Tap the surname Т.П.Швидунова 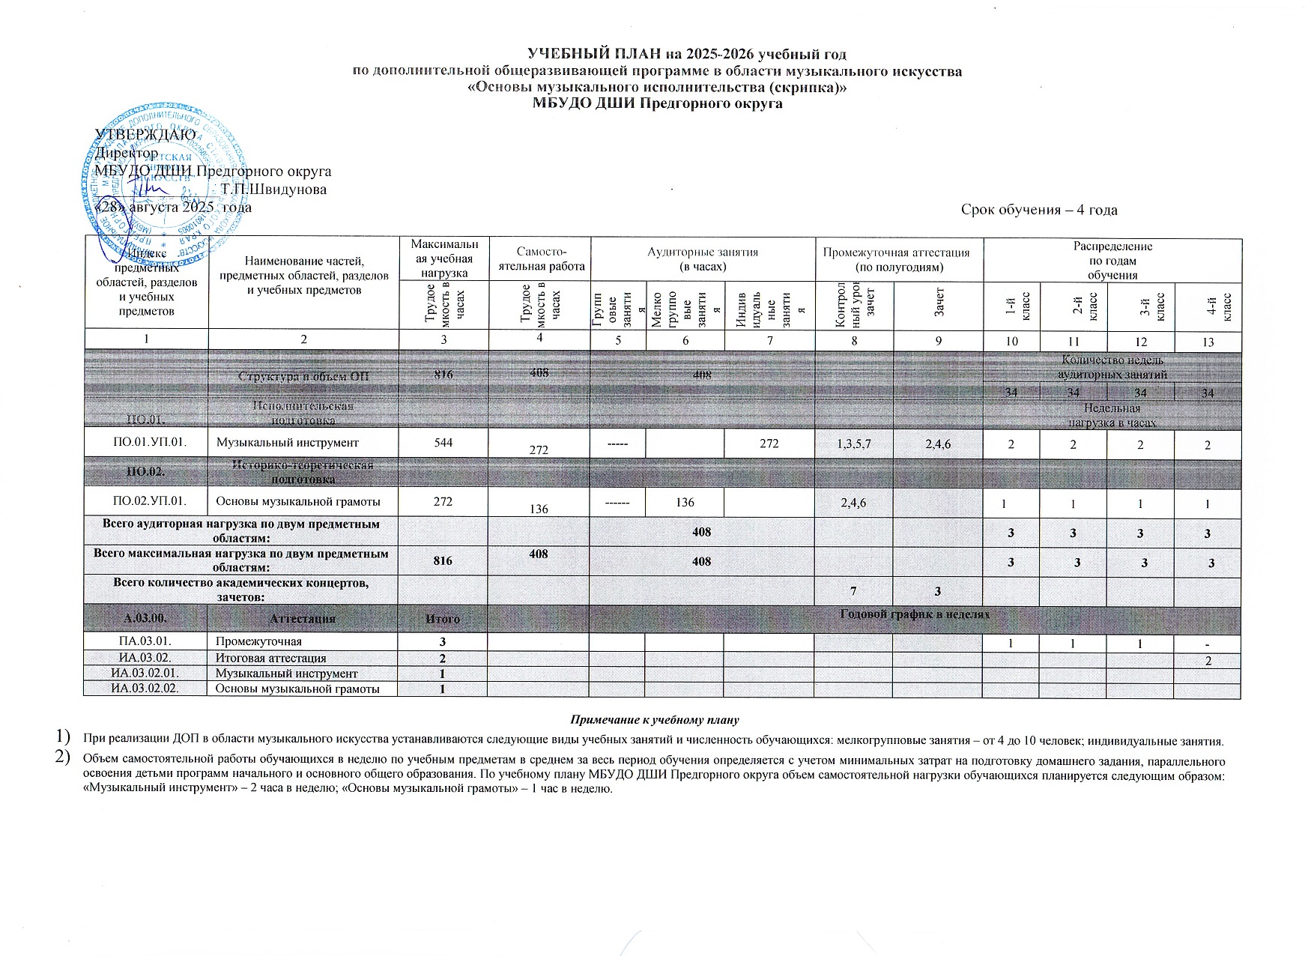tap(273, 189)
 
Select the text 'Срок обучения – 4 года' tap(1039, 210)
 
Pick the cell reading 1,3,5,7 tap(854, 444)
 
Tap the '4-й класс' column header tap(1207, 306)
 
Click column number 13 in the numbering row tap(1207, 342)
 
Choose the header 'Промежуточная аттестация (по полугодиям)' tap(899, 259)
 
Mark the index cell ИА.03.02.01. tap(145, 674)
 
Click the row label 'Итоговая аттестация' tap(270, 658)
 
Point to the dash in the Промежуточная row tap(1207, 645)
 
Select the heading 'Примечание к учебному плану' tap(655, 720)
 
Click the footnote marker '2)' tap(64, 758)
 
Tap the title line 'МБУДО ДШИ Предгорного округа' tap(656, 103)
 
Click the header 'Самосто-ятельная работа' tap(539, 259)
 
